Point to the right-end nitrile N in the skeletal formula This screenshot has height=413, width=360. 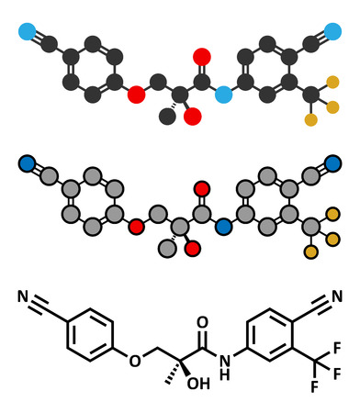coord(337,296)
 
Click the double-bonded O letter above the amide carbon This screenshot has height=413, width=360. coord(202,322)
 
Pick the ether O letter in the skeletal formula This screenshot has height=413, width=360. coord(135,361)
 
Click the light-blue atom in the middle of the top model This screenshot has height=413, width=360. coord(221,95)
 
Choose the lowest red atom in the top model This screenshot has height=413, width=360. coord(194,117)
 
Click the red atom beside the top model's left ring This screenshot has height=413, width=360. coord(136,94)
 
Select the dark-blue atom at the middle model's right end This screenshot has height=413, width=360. coord(332,165)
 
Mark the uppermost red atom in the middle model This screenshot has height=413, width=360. coord(196,189)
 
